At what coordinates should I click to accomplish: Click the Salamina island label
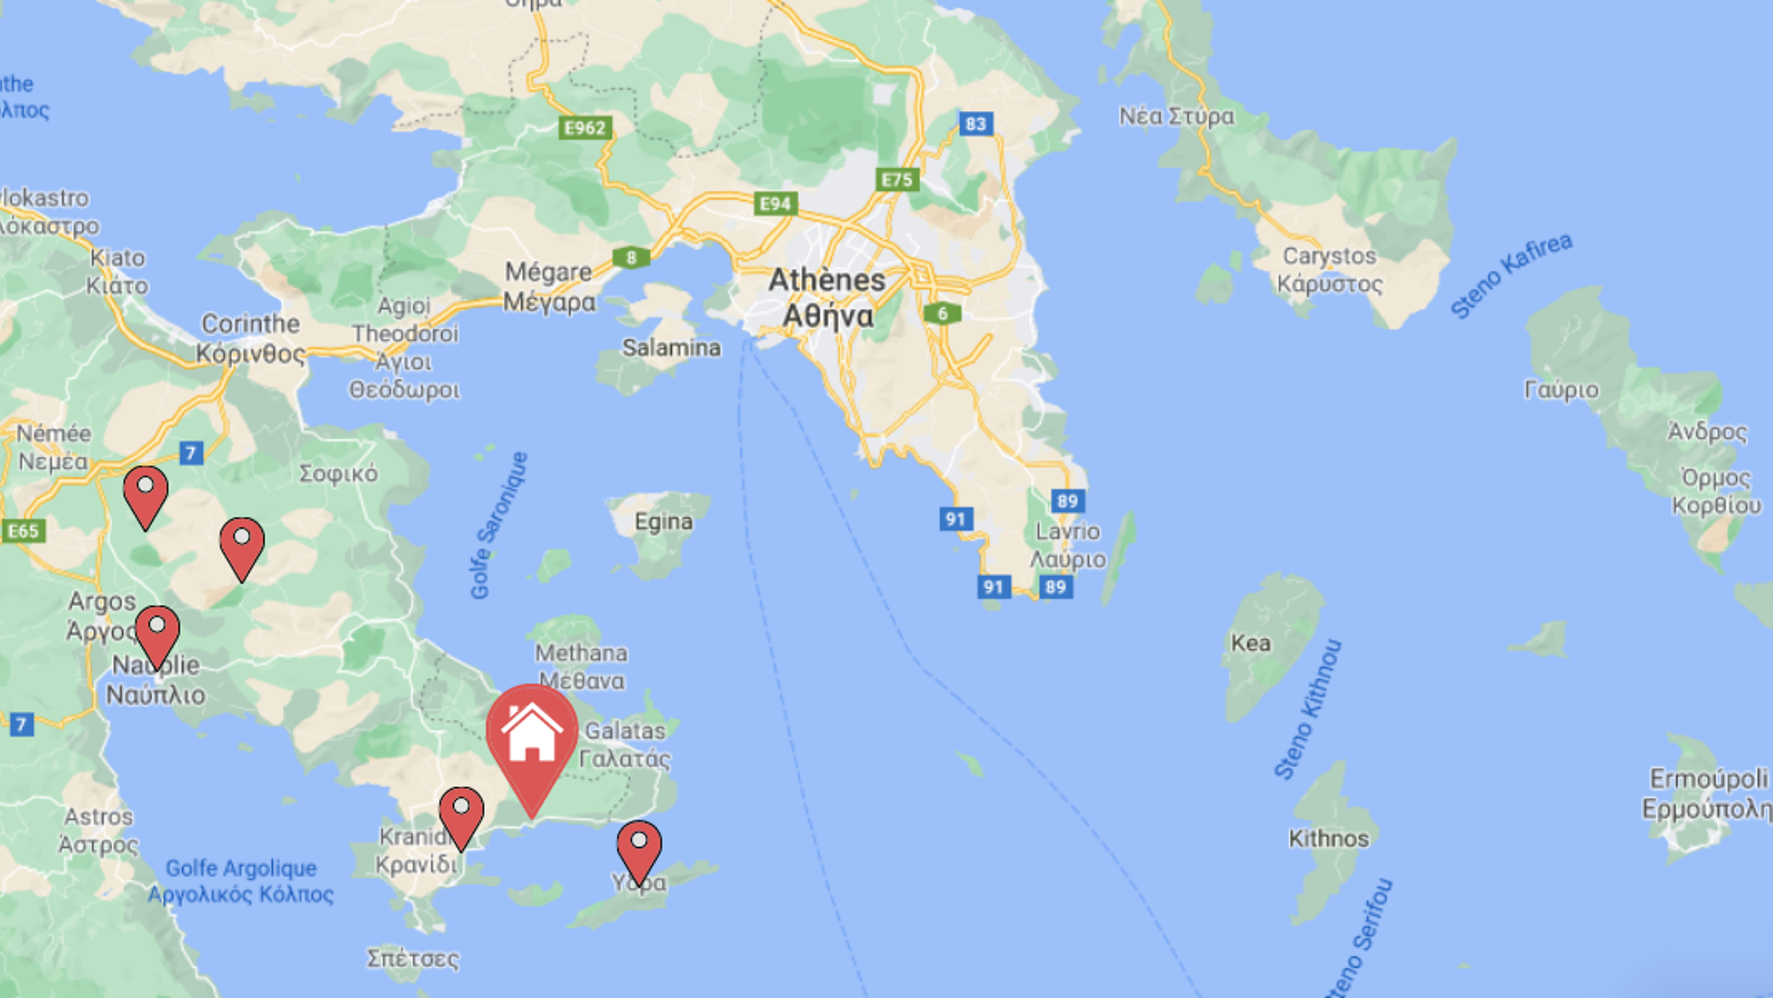pos(671,348)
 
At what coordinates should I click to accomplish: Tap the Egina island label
pos(663,522)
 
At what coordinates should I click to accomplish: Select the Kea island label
pos(1250,643)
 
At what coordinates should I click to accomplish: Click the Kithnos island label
pos(1328,838)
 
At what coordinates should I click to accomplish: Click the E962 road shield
pos(585,128)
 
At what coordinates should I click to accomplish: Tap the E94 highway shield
pos(776,204)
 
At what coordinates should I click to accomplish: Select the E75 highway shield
pos(897,180)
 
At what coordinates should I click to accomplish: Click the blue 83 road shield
pos(975,123)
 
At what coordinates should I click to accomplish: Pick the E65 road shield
pos(24,530)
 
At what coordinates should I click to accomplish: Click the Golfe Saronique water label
pos(499,525)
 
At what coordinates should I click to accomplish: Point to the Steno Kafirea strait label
pos(1511,275)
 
